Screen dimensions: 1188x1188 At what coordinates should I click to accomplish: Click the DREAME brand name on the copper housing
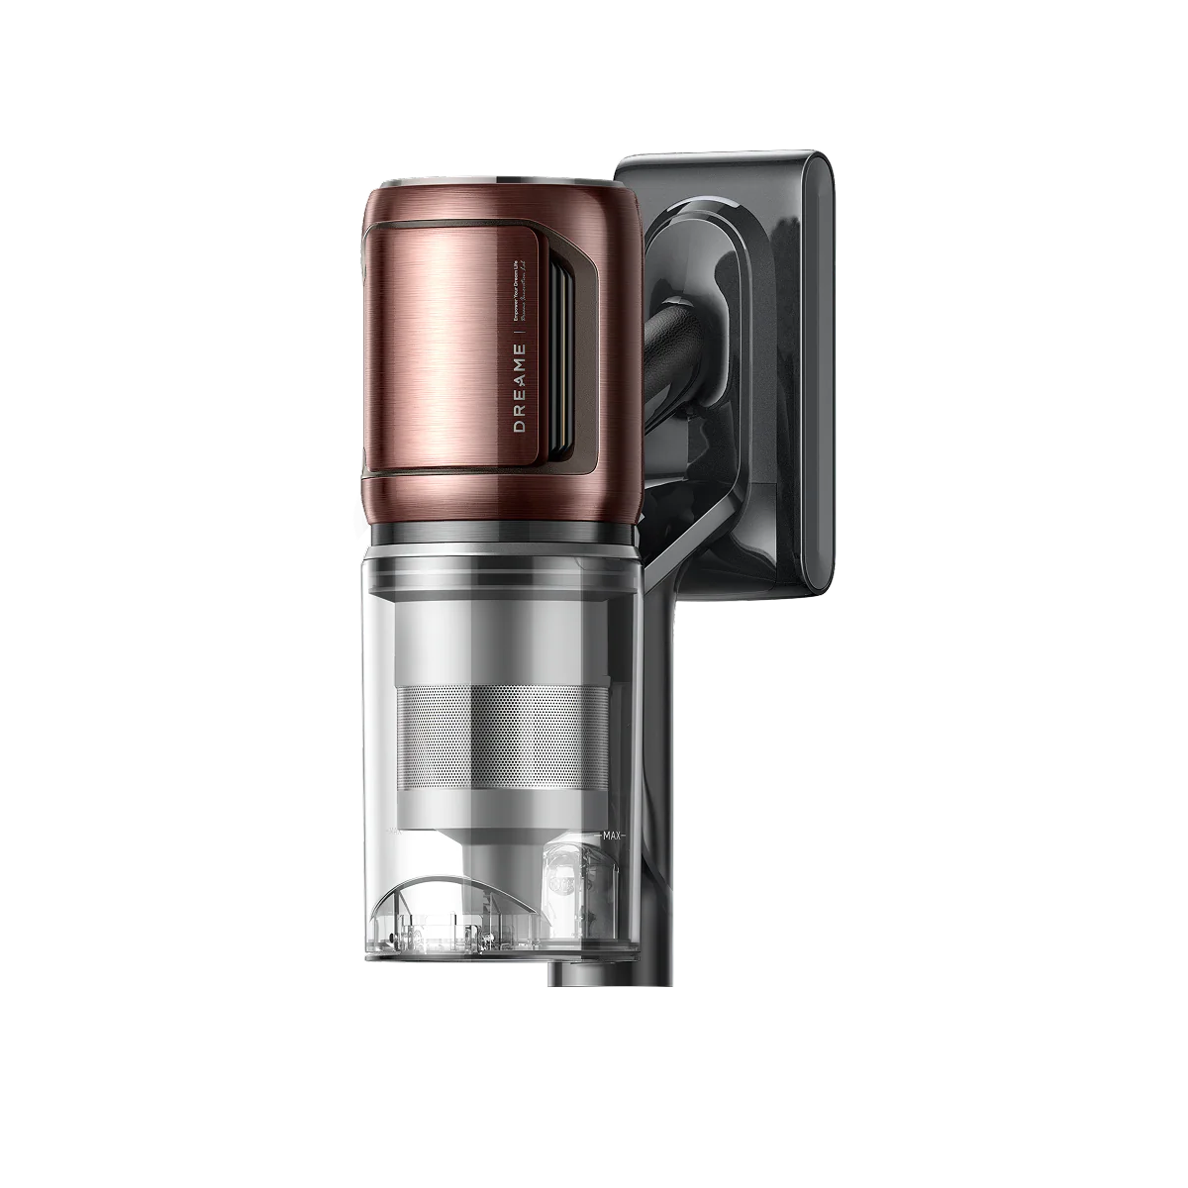tap(519, 387)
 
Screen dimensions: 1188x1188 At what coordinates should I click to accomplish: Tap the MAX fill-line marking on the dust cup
tap(611, 838)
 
